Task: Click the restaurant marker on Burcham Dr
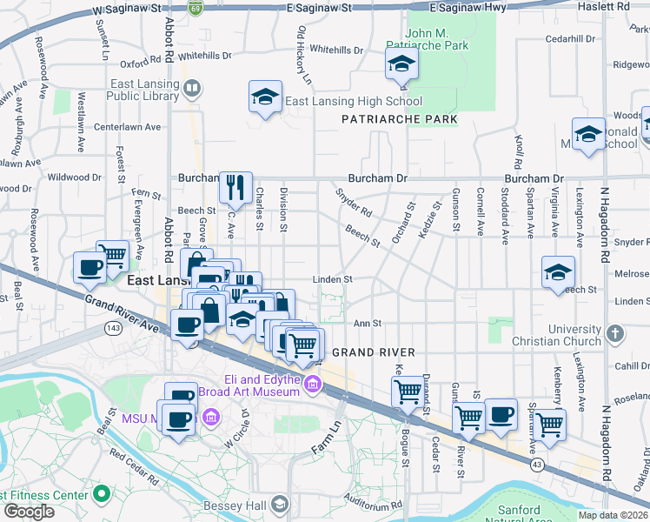(x=235, y=186)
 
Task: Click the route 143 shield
(x=112, y=328)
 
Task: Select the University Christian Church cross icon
(x=615, y=334)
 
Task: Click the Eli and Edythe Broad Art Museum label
(x=261, y=385)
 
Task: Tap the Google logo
(x=28, y=512)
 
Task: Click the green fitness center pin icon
(x=102, y=494)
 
